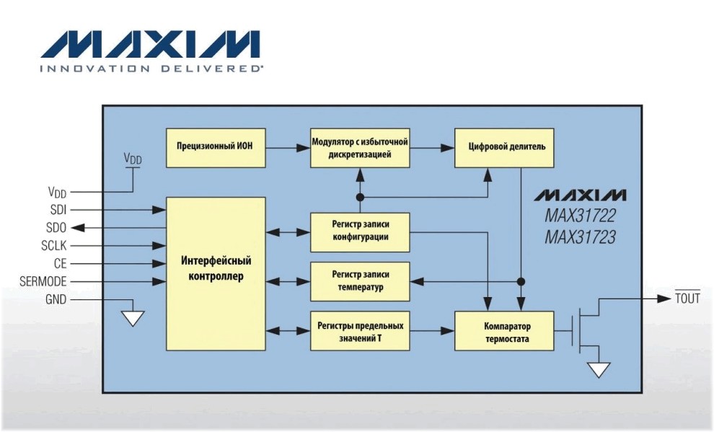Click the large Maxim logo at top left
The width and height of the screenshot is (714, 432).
click(150, 45)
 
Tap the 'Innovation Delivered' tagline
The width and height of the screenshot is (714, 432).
click(151, 69)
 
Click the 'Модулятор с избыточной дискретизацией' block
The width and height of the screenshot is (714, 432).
click(360, 148)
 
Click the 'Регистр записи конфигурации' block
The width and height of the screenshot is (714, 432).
click(360, 232)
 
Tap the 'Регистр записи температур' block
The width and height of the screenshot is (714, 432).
click(360, 281)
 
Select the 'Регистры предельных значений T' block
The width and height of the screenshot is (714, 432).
click(360, 331)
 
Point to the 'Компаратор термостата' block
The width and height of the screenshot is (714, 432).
click(503, 331)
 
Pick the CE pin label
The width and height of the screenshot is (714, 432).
click(60, 263)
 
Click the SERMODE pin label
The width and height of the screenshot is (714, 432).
click(43, 281)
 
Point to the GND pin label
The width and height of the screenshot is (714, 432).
click(56, 299)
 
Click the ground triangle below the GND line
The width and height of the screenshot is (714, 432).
click(133, 317)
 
